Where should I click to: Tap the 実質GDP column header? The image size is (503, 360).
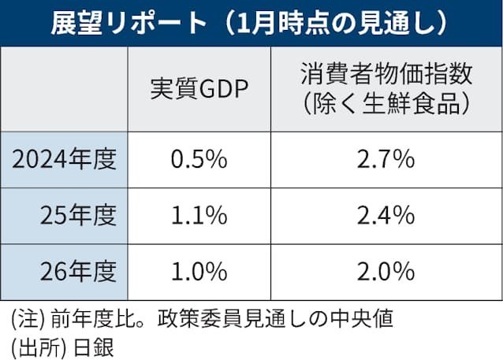click(199, 88)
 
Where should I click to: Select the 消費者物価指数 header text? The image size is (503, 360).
click(386, 75)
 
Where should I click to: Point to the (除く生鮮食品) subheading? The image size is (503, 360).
click(386, 102)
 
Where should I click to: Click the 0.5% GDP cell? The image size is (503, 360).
click(199, 160)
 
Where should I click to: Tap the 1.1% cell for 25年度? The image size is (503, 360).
click(199, 216)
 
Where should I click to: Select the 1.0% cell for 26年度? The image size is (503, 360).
click(199, 272)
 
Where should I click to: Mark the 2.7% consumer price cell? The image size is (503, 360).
click(386, 160)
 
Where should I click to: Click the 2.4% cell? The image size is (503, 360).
click(386, 216)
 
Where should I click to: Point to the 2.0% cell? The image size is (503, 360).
click(386, 272)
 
